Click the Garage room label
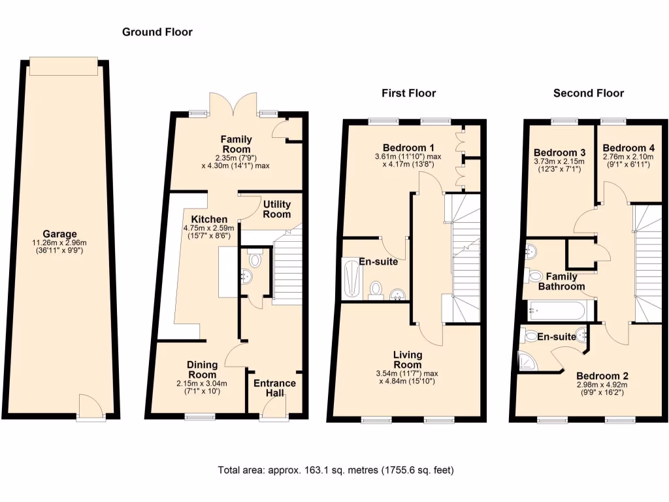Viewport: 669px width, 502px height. coord(60,234)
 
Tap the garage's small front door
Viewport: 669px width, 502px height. coord(90,408)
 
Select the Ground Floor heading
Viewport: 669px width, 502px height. coord(157,31)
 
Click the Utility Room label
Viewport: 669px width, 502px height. coord(276,209)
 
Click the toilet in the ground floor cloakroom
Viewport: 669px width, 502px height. coord(254,260)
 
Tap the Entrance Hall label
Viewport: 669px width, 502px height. coord(274,388)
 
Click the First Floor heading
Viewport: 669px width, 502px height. coord(408,93)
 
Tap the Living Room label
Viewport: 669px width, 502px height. coord(408,360)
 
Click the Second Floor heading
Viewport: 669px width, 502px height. coord(588,93)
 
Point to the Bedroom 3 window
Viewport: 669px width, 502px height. coord(564,120)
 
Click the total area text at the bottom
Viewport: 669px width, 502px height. coord(336,470)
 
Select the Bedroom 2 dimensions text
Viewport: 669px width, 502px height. coord(602,390)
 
